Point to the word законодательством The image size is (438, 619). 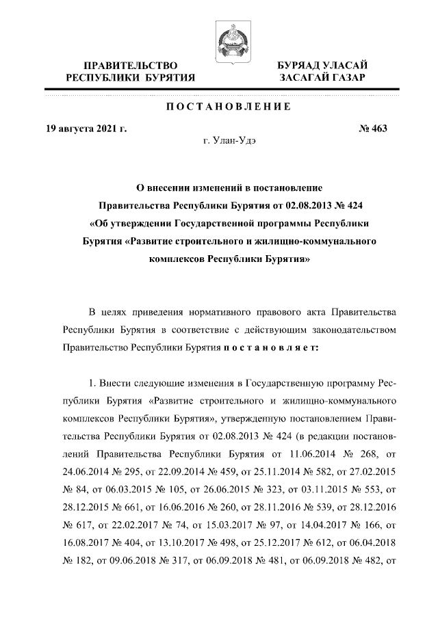click(x=355, y=330)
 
